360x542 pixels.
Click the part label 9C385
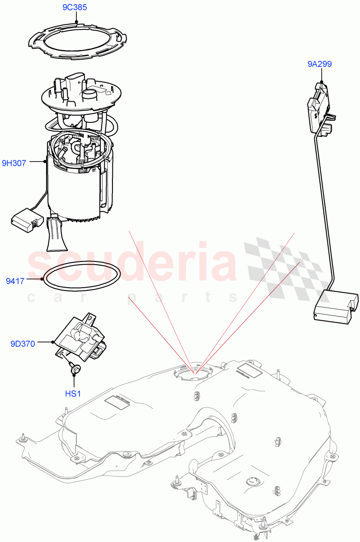click(x=75, y=8)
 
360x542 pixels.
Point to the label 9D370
click(x=23, y=344)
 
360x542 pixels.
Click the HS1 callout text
click(x=73, y=394)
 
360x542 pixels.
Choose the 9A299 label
click(x=319, y=64)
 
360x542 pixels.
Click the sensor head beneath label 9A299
click(x=320, y=104)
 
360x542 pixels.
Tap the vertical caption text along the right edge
click(x=355, y=271)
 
